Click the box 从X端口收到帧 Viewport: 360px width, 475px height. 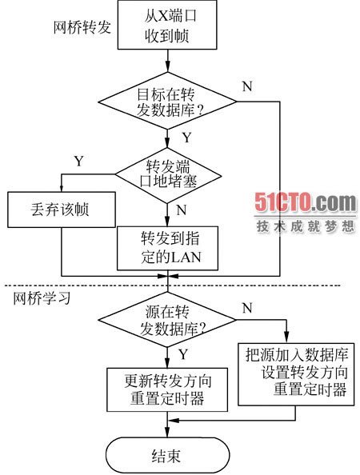167,25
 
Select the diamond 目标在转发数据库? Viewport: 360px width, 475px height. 167,102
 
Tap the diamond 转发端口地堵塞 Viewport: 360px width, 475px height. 167,175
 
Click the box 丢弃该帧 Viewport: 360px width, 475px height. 62,210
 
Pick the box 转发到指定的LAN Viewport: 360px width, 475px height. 167,248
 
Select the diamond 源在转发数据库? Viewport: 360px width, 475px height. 167,319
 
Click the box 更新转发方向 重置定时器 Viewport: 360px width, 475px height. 167,389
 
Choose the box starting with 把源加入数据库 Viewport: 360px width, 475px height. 296,374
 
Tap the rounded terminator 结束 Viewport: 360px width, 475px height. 167,455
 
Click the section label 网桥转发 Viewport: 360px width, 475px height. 82,27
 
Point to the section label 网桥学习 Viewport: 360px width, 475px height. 42,298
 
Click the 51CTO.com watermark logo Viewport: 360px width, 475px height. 306,202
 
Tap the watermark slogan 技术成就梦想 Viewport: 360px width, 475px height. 306,226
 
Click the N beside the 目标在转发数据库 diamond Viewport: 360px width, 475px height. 247,86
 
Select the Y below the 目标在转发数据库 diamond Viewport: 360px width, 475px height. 186,138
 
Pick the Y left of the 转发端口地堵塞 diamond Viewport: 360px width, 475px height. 78,161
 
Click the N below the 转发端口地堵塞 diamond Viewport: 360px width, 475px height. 182,210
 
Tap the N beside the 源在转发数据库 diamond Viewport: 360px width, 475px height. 247,308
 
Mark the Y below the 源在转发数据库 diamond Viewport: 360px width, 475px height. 182,354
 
